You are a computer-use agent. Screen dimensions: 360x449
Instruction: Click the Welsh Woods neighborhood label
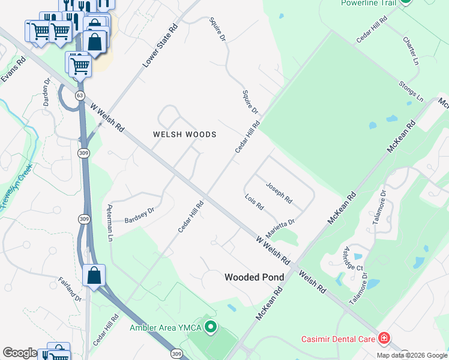tap(184, 135)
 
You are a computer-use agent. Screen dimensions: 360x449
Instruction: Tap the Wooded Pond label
tap(251, 277)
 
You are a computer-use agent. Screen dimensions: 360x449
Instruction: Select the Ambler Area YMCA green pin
tap(210, 328)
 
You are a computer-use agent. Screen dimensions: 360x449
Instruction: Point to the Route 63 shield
tap(80, 95)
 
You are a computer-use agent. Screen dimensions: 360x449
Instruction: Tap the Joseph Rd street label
tap(279, 193)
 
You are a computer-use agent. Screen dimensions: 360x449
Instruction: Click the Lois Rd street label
tap(255, 202)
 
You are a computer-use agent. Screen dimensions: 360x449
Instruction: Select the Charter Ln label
tap(410, 51)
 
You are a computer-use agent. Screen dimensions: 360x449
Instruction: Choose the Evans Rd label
tap(13, 70)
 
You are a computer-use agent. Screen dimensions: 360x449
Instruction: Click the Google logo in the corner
tap(20, 353)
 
